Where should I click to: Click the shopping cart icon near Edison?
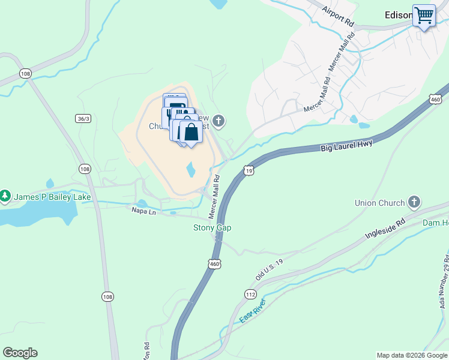424,16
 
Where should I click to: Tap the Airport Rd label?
338,15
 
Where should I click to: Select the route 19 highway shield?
249,171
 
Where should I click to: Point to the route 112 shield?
250,293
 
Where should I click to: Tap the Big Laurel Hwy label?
346,145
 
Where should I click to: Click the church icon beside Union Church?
414,202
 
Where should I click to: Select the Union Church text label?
379,203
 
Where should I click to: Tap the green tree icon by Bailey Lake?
5,196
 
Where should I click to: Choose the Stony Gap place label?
212,227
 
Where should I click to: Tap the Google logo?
20,353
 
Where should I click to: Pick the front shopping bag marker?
191,132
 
